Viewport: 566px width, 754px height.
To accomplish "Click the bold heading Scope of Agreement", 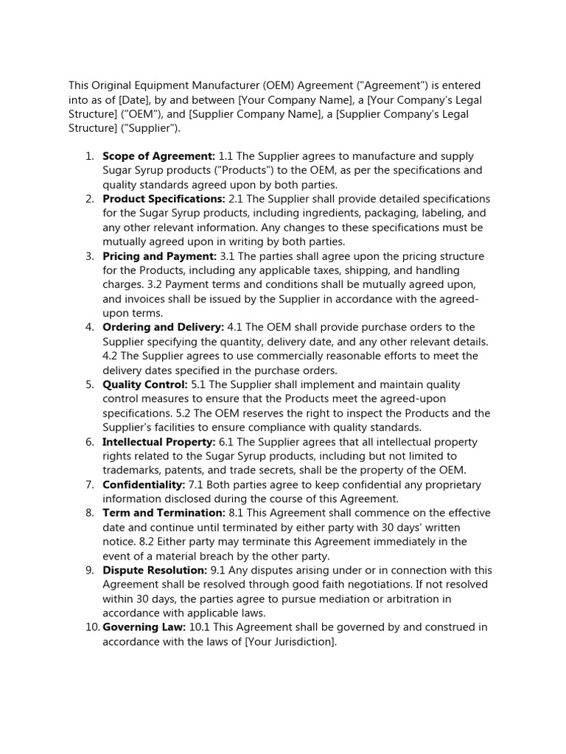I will coord(158,156).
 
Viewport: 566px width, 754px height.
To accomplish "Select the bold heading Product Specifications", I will coord(164,199).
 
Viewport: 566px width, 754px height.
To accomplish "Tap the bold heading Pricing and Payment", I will coord(159,256).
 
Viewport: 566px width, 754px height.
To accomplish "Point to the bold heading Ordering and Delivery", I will coord(163,327).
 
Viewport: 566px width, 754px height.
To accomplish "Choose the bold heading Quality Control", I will coord(144,384).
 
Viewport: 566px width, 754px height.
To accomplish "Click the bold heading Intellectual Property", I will coord(158,442).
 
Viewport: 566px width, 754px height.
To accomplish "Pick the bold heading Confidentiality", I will coord(144,485).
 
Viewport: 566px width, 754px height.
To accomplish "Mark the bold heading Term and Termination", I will coord(164,513).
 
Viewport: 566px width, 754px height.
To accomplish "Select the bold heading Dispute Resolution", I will coord(155,571).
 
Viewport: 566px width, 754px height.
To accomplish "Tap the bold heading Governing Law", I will coord(144,627).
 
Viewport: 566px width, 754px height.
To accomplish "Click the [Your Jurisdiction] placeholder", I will coord(290,641).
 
